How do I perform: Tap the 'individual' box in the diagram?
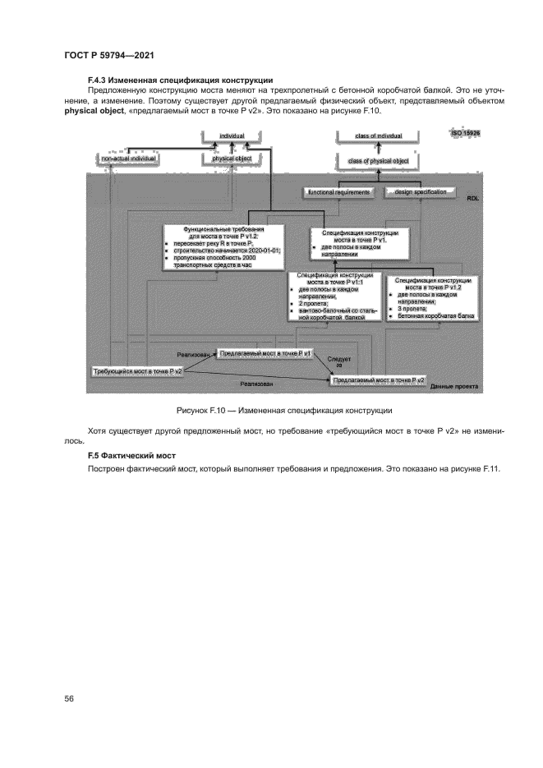point(232,136)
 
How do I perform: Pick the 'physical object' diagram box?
point(232,158)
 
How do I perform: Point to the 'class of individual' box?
point(379,136)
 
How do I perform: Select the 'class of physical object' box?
point(379,161)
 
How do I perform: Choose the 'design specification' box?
point(418,191)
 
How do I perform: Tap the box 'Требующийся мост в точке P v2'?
point(138,371)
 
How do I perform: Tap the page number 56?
point(70,698)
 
